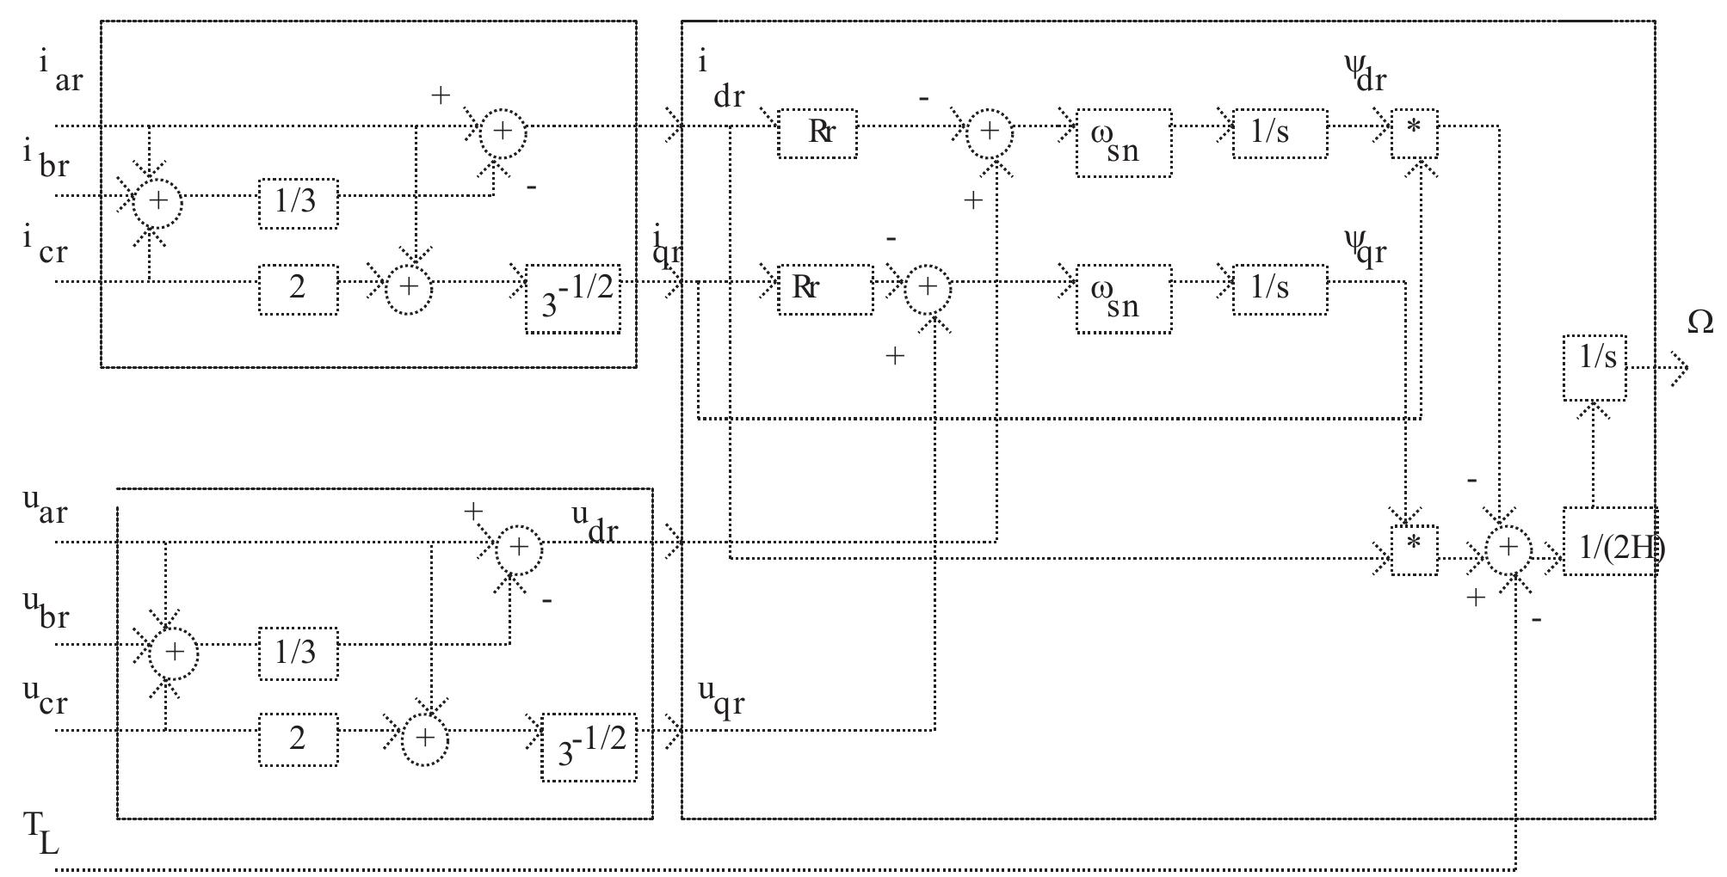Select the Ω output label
click(x=1699, y=322)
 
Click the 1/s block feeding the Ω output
click(x=1594, y=367)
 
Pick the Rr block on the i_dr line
click(x=817, y=133)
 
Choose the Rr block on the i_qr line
click(x=824, y=289)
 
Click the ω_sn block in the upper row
click(x=1123, y=143)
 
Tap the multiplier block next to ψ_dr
click(x=1414, y=134)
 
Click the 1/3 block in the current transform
click(x=298, y=204)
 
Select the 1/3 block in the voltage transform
click(x=298, y=653)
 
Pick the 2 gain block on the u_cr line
click(x=298, y=739)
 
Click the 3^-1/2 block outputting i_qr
click(x=573, y=298)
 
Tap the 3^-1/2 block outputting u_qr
click(x=589, y=747)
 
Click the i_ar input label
click(x=60, y=71)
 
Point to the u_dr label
click(x=595, y=523)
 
